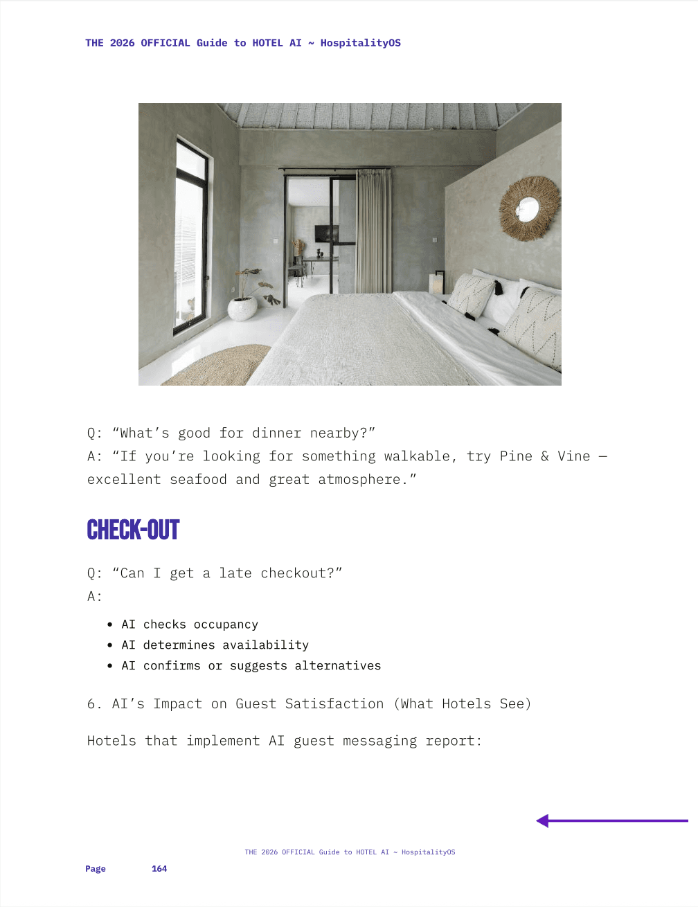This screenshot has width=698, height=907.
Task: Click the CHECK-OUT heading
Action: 133,530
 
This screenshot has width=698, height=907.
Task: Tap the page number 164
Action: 159,869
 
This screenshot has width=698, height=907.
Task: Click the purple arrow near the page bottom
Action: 611,821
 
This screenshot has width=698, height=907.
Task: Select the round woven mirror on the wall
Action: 529,208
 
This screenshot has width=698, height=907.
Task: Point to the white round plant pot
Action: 242,308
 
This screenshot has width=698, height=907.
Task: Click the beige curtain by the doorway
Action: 373,232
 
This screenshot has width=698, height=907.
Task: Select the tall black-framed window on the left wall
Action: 191,235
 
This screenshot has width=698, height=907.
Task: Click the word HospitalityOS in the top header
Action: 360,43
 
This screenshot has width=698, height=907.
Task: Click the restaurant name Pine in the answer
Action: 516,456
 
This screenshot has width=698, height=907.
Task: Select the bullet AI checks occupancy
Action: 189,625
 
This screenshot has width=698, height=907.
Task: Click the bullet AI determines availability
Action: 215,645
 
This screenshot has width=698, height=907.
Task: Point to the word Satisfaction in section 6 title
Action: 334,704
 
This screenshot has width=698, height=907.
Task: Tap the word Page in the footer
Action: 96,869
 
